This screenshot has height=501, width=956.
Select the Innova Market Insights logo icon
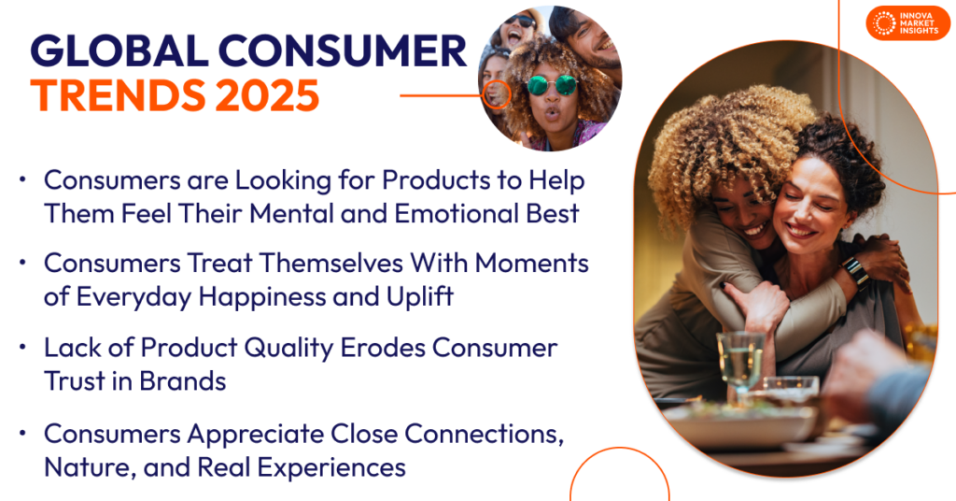(x=881, y=22)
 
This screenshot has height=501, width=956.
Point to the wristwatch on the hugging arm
(x=855, y=271)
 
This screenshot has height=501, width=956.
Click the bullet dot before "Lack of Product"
(x=22, y=349)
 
